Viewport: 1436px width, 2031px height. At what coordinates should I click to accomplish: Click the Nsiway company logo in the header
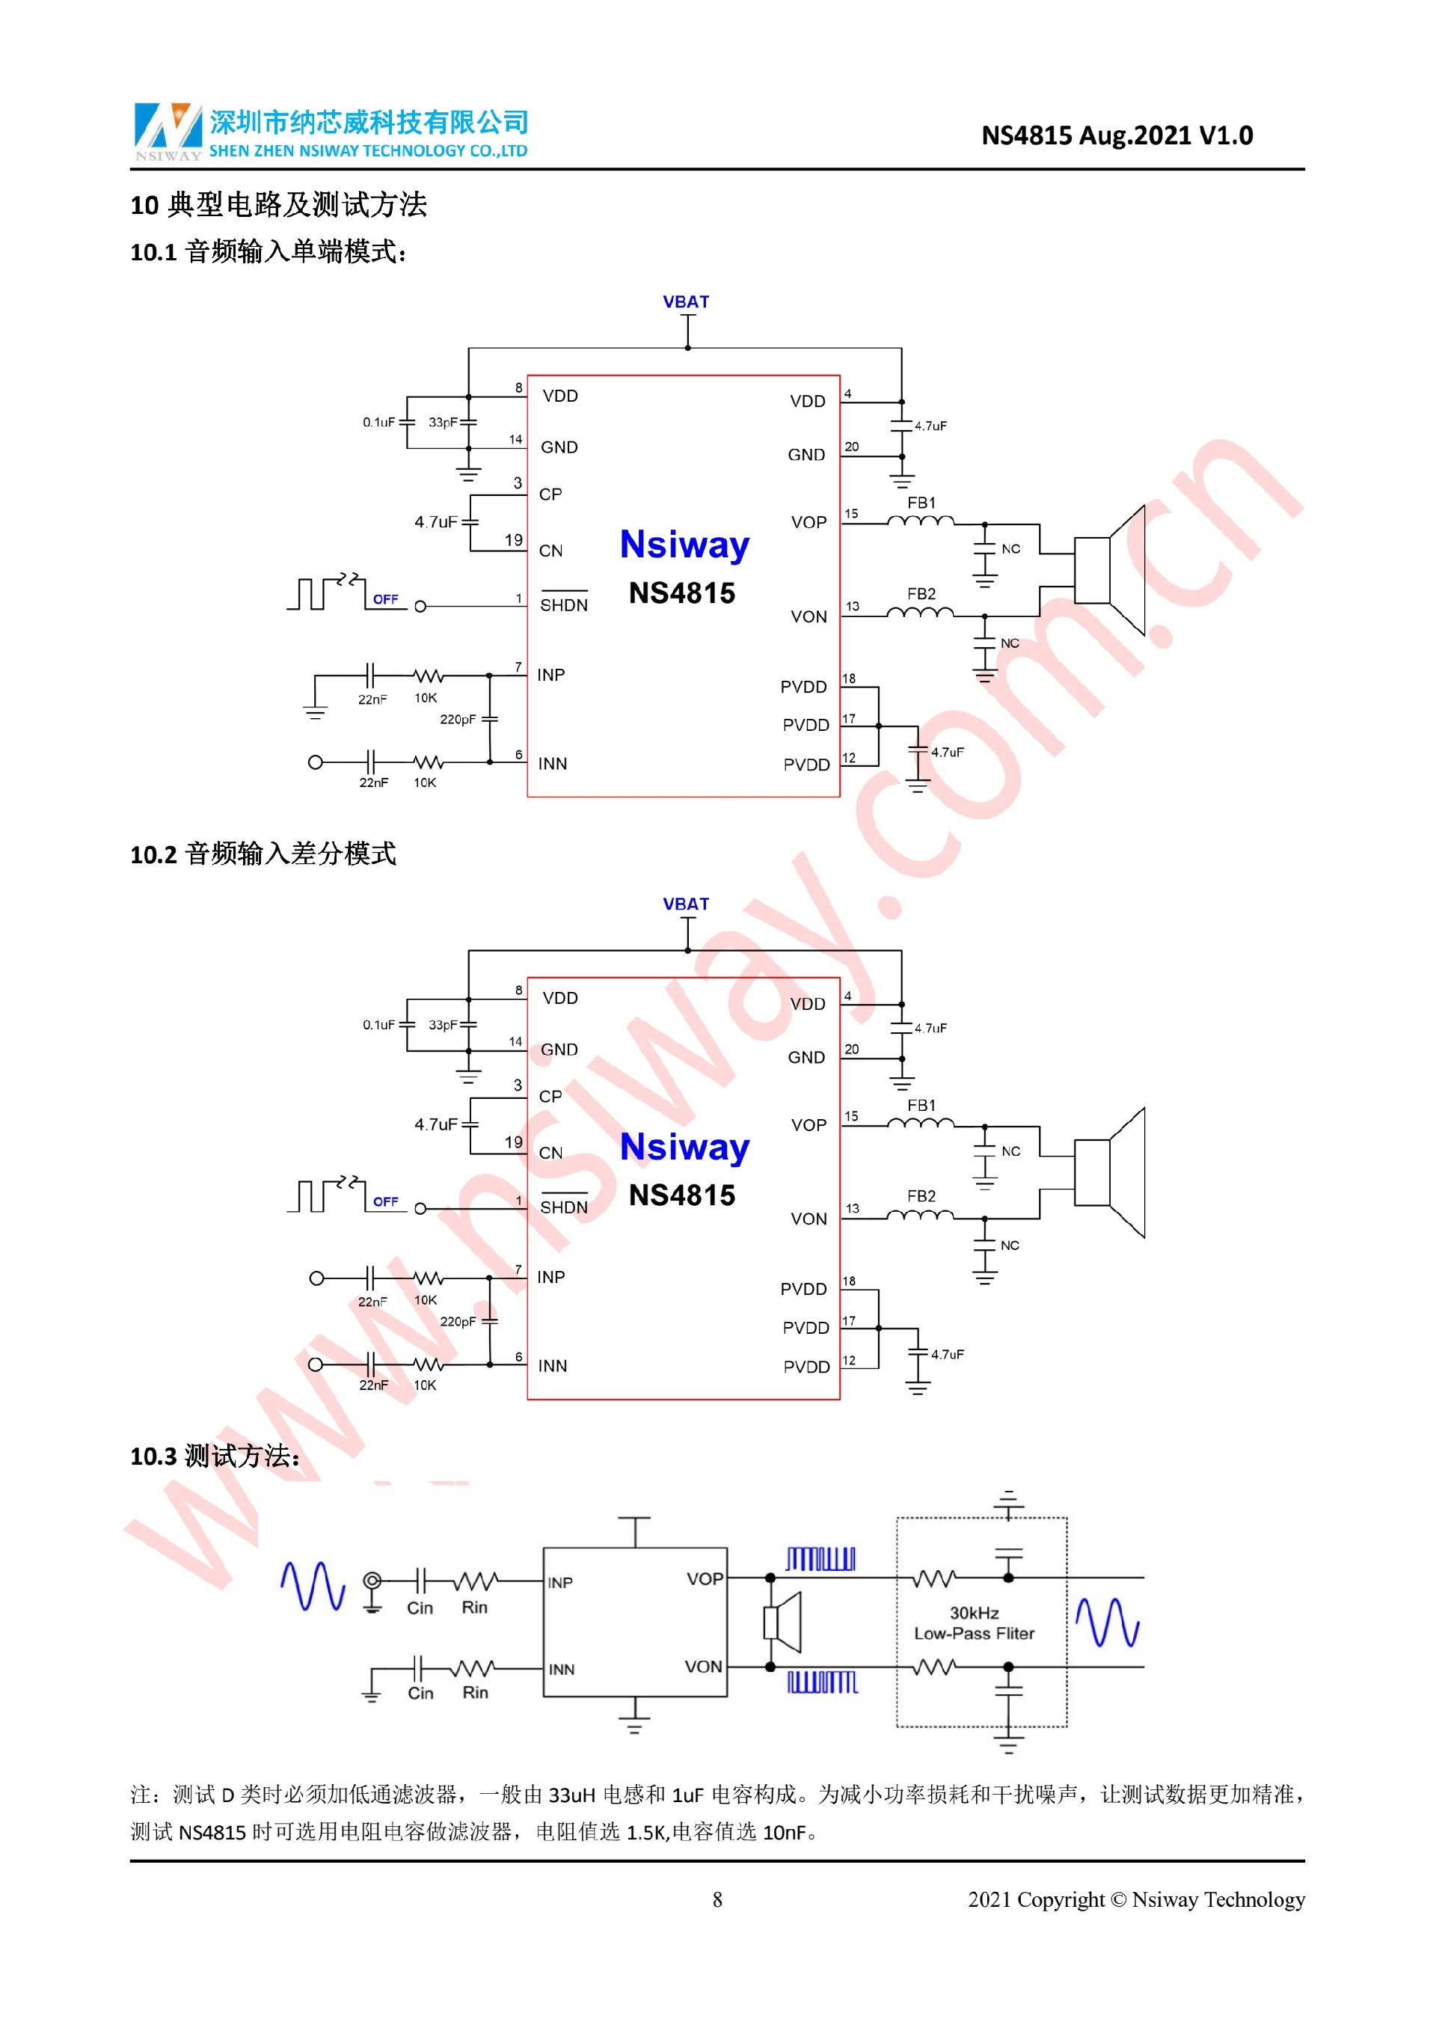(x=168, y=131)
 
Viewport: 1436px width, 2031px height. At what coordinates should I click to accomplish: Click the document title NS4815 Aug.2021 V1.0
(x=1116, y=135)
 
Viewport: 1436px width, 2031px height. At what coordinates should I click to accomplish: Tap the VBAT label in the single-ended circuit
(x=685, y=301)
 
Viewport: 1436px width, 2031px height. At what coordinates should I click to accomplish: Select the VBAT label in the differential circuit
(x=685, y=904)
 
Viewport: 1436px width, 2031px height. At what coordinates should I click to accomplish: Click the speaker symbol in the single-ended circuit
(x=1111, y=570)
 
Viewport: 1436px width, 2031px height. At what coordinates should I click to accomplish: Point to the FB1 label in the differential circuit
(x=921, y=1106)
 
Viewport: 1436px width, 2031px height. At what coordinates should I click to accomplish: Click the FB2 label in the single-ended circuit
(x=921, y=593)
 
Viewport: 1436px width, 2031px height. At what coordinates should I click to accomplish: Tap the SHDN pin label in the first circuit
(x=563, y=605)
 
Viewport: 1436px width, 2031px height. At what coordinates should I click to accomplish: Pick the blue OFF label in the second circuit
(x=385, y=1201)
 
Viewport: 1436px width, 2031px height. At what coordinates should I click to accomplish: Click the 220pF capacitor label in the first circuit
(x=457, y=719)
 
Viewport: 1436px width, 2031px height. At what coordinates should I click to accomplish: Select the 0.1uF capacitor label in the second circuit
(x=378, y=1024)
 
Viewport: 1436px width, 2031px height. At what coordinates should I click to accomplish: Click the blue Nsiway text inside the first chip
(x=684, y=545)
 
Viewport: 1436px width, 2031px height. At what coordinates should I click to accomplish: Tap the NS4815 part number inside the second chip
(x=682, y=1195)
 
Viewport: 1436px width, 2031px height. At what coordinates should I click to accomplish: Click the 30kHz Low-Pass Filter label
(x=974, y=1623)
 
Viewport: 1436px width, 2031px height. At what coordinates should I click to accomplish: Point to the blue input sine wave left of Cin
(x=312, y=1586)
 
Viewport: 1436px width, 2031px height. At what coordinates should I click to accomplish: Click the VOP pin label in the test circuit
(x=704, y=1579)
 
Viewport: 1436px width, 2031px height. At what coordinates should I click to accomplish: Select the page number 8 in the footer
(x=717, y=1900)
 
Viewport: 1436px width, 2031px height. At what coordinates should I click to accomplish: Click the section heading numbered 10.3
(x=214, y=1456)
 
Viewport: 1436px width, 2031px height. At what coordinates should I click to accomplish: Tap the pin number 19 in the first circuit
(x=514, y=539)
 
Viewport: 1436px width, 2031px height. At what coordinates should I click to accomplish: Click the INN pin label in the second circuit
(x=553, y=1366)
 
